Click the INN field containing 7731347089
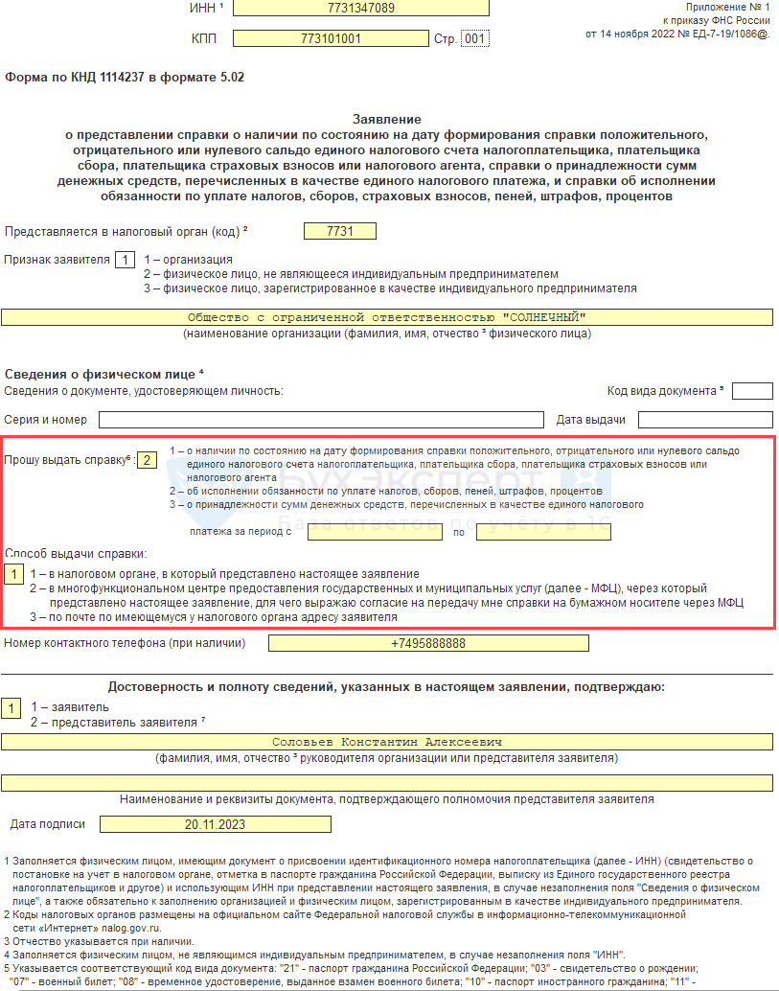tap(360, 8)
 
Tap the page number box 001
tap(474, 39)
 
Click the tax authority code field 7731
tap(339, 231)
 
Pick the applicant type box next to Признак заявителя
tap(125, 260)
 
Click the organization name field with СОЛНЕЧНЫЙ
tap(386, 317)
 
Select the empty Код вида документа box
tap(752, 391)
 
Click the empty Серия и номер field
tap(321, 420)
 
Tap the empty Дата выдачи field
tap(705, 420)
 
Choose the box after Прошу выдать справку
tap(147, 459)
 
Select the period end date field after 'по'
tap(543, 532)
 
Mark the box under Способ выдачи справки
tap(14, 574)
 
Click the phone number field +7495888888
tap(427, 643)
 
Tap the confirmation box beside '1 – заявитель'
tap(11, 708)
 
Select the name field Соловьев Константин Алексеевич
tap(386, 742)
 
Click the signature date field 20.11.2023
tap(215, 824)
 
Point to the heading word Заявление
tap(386, 119)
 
